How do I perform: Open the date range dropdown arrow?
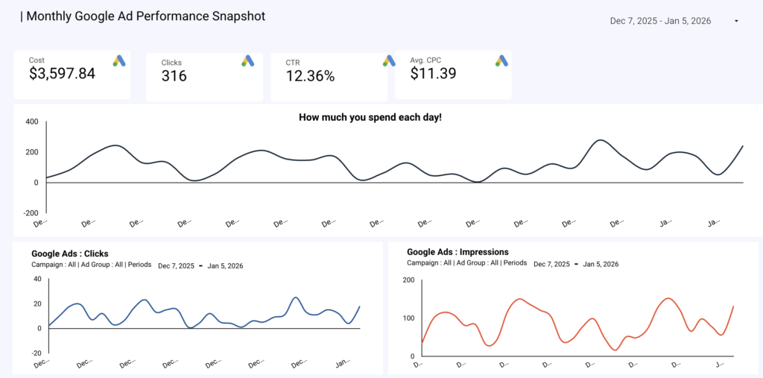point(736,21)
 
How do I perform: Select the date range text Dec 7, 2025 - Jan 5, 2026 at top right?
point(660,21)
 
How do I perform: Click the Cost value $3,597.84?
point(63,73)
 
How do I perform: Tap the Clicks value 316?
point(174,75)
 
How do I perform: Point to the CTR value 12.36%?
point(310,75)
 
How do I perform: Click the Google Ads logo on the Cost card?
point(119,61)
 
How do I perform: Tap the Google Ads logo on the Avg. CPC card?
point(501,61)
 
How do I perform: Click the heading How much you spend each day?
point(370,117)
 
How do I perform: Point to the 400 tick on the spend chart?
point(31,122)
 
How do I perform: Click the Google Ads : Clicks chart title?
point(70,253)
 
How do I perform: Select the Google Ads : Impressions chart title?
point(458,252)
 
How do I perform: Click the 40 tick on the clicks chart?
point(37,279)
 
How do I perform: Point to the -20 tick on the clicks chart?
point(35,353)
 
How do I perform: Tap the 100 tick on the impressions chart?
point(407,318)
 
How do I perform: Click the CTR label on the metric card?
point(293,63)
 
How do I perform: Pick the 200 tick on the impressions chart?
point(407,280)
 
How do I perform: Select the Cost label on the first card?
point(37,60)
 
